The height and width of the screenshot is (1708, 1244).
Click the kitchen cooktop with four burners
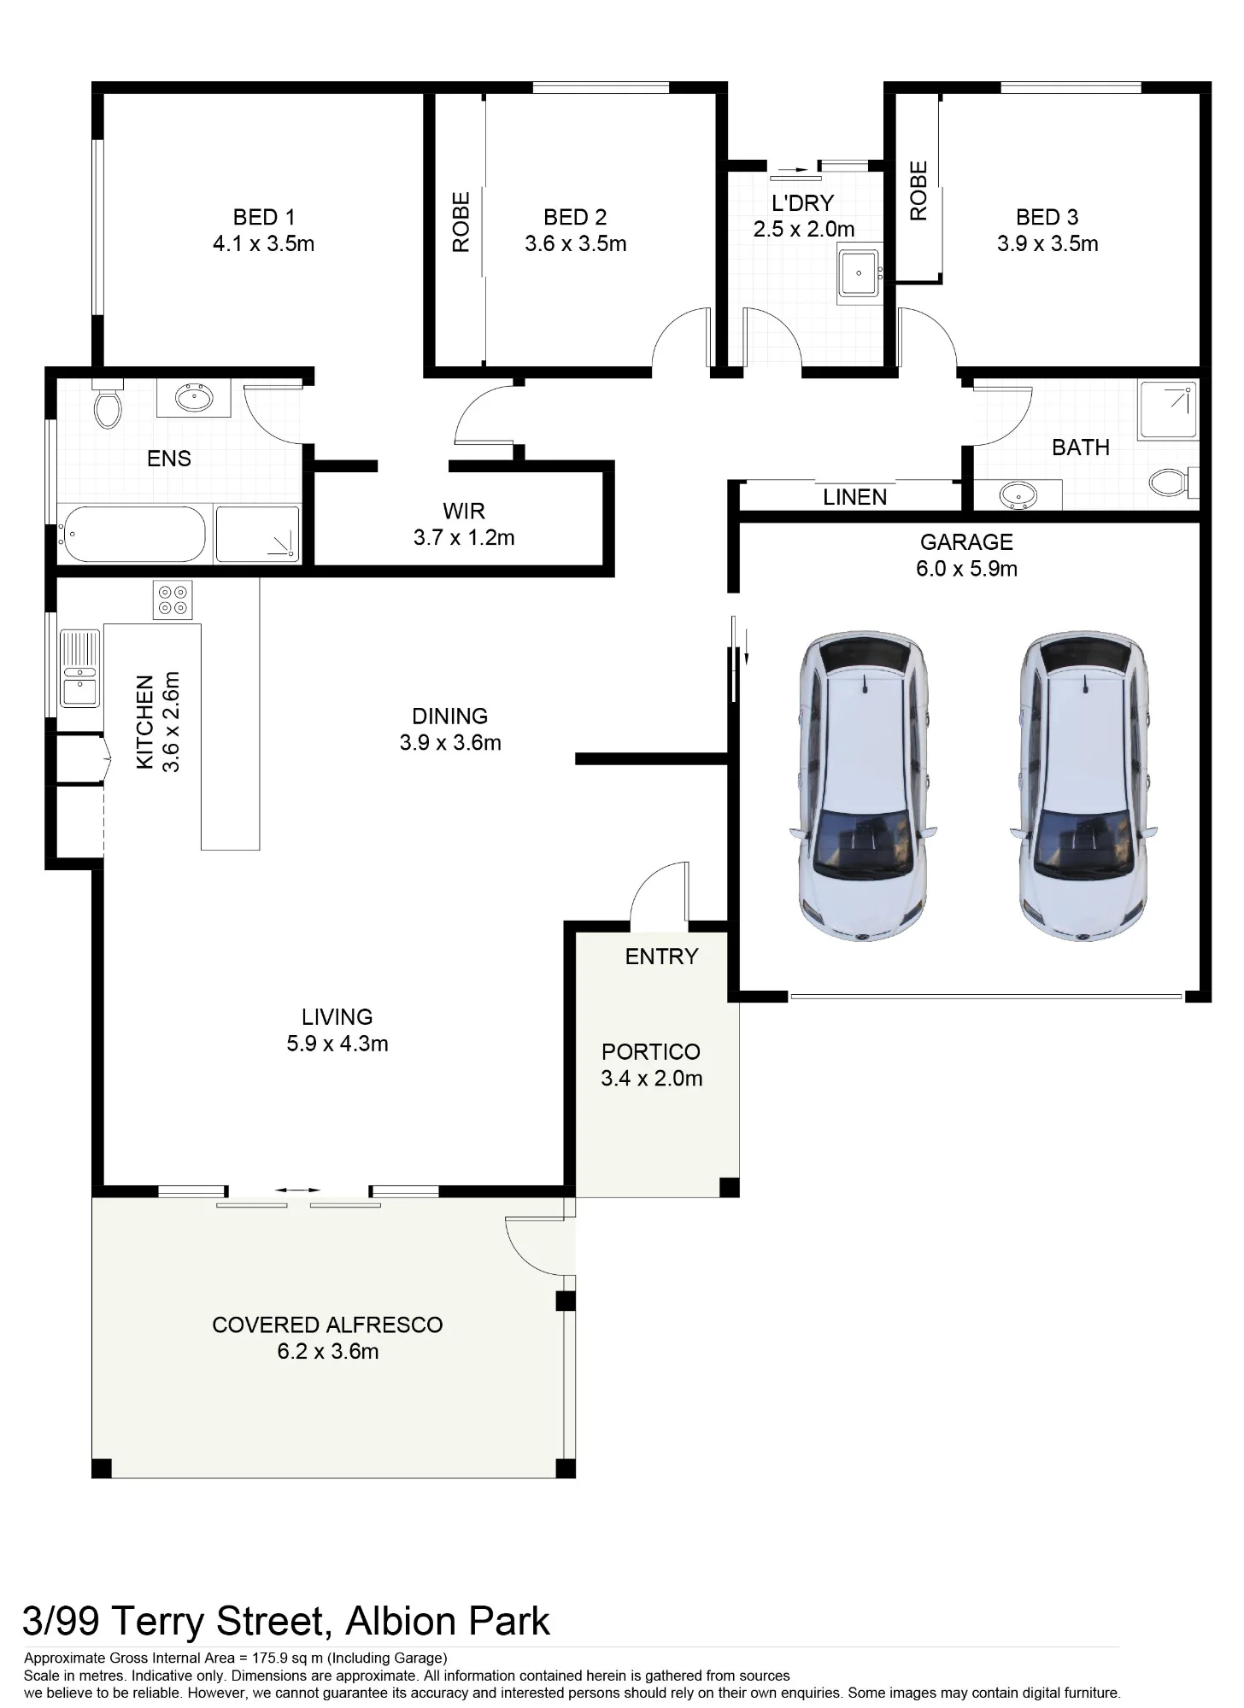(173, 600)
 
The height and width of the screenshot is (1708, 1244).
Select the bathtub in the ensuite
(132, 534)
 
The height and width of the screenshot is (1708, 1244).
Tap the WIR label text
(464, 512)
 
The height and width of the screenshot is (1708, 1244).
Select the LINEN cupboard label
(854, 498)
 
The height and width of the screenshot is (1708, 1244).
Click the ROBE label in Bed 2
(461, 222)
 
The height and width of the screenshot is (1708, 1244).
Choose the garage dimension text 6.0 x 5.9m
(966, 569)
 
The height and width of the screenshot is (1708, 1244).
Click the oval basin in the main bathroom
(1018, 494)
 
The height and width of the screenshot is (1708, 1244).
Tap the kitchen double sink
(80, 668)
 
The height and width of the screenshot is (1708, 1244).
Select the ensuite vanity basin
(195, 397)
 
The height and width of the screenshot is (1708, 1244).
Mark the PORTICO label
(651, 1052)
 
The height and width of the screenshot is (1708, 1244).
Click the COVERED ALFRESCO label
(327, 1325)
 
